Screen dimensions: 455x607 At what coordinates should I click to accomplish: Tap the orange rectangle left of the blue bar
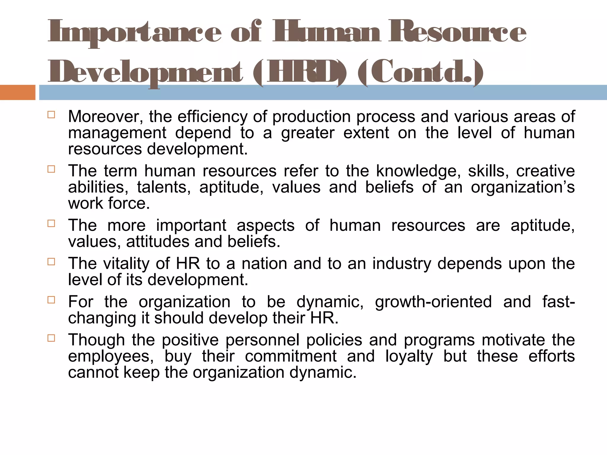point(17,92)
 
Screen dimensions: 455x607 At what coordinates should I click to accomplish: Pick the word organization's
point(523,188)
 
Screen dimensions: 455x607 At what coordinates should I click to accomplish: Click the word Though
point(97,340)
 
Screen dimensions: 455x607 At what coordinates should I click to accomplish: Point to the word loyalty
point(409,356)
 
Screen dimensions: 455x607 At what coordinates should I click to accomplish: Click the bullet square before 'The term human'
point(51,169)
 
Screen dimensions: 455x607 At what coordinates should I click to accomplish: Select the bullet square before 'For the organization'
point(51,300)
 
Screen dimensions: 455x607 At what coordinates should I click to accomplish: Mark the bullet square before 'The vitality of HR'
point(51,262)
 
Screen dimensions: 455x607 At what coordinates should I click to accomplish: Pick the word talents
point(164,188)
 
